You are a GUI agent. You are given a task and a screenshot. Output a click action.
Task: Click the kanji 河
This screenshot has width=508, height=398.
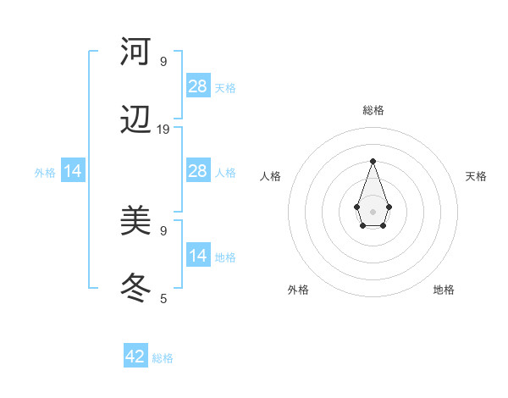[135, 53]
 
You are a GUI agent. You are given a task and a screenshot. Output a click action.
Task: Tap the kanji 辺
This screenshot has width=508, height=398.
[135, 122]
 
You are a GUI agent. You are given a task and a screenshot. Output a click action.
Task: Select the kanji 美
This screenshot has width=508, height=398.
[135, 222]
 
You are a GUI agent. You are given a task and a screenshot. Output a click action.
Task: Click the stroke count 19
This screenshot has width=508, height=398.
[163, 130]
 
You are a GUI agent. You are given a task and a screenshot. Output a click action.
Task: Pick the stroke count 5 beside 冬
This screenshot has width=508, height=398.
[163, 298]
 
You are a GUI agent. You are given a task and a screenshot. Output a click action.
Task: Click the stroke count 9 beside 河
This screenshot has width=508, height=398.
[163, 61]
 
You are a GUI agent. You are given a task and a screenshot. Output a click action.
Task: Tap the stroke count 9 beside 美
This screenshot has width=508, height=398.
[163, 229]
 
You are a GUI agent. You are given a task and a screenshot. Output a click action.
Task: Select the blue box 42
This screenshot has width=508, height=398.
[135, 357]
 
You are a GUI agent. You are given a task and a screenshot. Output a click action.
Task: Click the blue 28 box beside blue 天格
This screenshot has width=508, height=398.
[198, 86]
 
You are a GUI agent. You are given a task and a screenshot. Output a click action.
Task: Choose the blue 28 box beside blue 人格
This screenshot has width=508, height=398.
[198, 171]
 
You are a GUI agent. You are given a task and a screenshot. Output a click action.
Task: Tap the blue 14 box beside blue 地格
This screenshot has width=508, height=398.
[198, 256]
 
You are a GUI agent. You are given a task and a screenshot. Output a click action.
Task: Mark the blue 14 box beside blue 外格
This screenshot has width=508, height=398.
[73, 171]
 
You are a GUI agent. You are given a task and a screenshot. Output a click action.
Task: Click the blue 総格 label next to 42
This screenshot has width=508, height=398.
[163, 358]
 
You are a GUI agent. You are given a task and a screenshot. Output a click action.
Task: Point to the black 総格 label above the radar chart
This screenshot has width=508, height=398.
[373, 110]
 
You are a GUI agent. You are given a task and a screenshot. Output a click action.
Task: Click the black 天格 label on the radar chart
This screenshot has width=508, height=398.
[477, 176]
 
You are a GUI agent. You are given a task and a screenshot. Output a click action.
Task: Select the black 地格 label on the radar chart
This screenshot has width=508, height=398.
[444, 290]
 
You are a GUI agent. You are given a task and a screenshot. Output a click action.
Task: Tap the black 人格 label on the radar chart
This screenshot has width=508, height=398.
[271, 176]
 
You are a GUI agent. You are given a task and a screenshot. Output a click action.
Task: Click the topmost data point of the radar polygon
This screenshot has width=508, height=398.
[373, 161]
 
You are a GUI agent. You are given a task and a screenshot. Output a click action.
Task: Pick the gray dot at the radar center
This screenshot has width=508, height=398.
[373, 211]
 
